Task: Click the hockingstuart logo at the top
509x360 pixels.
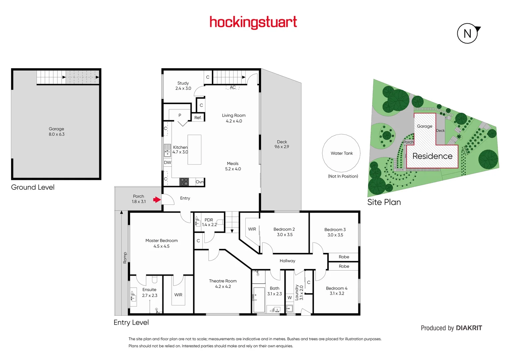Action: (x=253, y=22)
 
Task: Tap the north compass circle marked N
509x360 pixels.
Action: (x=467, y=33)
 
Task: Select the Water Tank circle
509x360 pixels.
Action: (x=341, y=153)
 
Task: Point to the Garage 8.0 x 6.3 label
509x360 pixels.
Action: (x=56, y=131)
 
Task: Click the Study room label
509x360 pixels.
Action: (x=183, y=86)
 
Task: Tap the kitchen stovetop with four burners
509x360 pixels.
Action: (x=184, y=182)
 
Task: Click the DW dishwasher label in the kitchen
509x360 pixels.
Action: (x=167, y=163)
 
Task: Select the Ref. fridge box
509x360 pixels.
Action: (x=198, y=118)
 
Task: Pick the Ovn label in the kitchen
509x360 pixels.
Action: (x=200, y=182)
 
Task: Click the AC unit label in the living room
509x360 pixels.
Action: (x=233, y=87)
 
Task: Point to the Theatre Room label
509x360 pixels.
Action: (x=223, y=283)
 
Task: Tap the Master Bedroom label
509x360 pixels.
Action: (x=161, y=243)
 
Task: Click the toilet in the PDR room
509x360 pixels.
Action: (x=220, y=222)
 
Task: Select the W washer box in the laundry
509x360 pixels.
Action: (x=290, y=298)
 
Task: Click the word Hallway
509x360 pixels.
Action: (x=287, y=261)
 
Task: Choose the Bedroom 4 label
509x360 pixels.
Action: (x=337, y=291)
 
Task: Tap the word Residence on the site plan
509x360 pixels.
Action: (x=432, y=156)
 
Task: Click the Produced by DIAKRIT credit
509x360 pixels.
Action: (x=451, y=328)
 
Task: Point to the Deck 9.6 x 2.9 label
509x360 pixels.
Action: (x=282, y=144)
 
